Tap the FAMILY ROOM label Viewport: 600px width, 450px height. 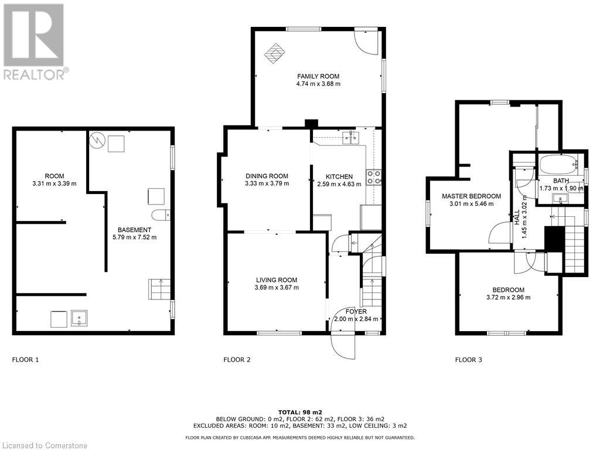tap(318, 76)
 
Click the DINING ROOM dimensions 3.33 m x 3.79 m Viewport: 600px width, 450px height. tap(267, 183)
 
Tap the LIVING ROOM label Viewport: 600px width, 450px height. tap(277, 279)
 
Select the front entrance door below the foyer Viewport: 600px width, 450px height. tap(343, 344)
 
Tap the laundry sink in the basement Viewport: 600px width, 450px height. tap(79, 319)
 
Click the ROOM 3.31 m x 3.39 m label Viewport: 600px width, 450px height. tap(54, 180)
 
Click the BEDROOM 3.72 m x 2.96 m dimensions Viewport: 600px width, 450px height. tap(508, 297)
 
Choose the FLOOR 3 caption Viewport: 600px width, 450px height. tap(468, 360)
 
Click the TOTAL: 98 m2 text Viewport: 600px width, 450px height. tap(300, 412)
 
